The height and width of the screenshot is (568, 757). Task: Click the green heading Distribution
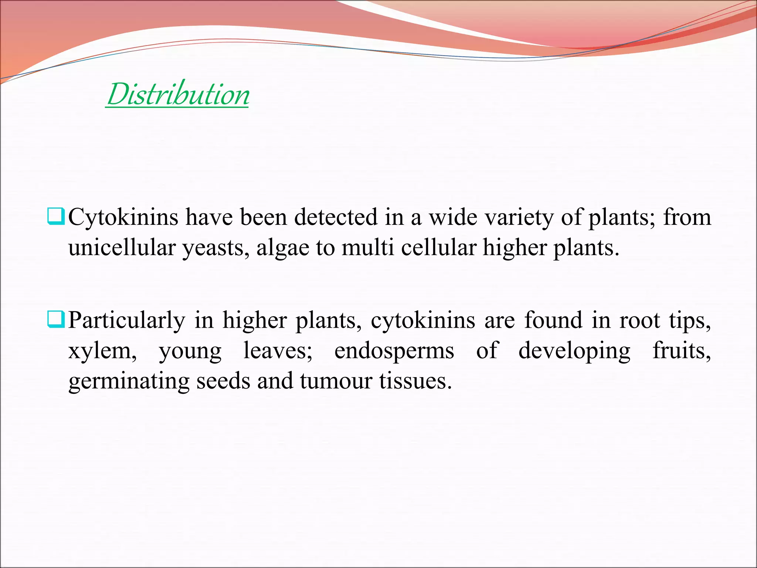(x=178, y=94)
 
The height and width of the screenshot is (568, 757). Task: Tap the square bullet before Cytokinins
(x=56, y=217)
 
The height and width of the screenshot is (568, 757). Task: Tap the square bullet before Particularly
(x=56, y=320)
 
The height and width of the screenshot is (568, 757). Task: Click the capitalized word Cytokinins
(x=123, y=217)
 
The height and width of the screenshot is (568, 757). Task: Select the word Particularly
(x=127, y=321)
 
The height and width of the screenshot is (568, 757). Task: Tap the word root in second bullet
(x=639, y=320)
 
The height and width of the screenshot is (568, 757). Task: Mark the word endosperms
(x=394, y=352)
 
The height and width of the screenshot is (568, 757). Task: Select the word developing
(x=574, y=352)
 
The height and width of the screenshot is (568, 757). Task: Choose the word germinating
(x=129, y=382)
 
